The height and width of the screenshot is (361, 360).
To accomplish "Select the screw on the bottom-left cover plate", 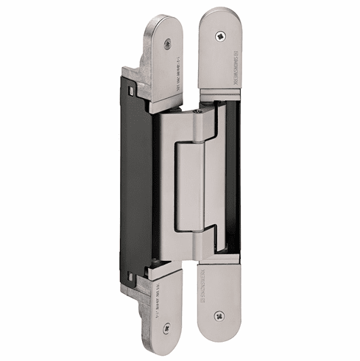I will (166, 329).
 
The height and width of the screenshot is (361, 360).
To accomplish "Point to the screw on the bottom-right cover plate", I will (219, 315).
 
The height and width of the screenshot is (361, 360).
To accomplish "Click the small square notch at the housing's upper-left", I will (130, 93).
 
